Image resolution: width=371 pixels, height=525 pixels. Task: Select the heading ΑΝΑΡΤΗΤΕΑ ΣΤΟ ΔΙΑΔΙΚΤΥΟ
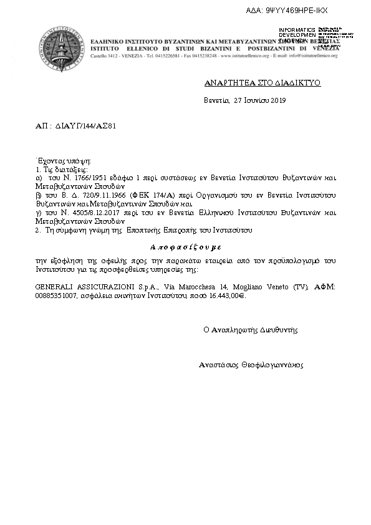[x=263, y=83]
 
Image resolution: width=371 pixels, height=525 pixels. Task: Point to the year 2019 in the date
[x=276, y=100]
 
